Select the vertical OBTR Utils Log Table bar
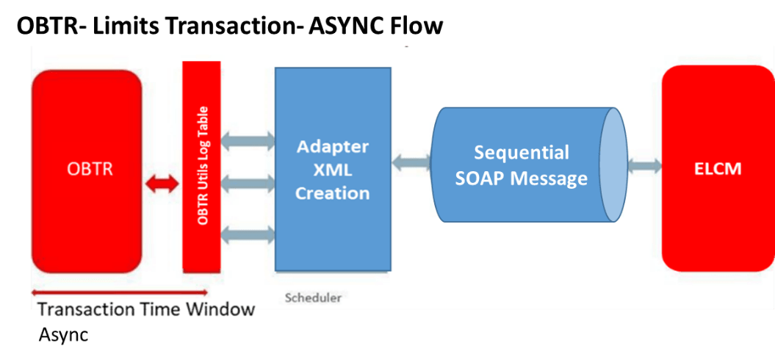(202, 166)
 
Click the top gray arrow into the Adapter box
(248, 139)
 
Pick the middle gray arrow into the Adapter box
(248, 185)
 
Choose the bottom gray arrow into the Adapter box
(248, 234)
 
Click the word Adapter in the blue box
(332, 146)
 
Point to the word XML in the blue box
(332, 170)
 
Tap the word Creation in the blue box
(332, 193)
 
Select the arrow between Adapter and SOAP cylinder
(411, 162)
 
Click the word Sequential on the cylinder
(521, 153)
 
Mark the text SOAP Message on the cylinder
(521, 179)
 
